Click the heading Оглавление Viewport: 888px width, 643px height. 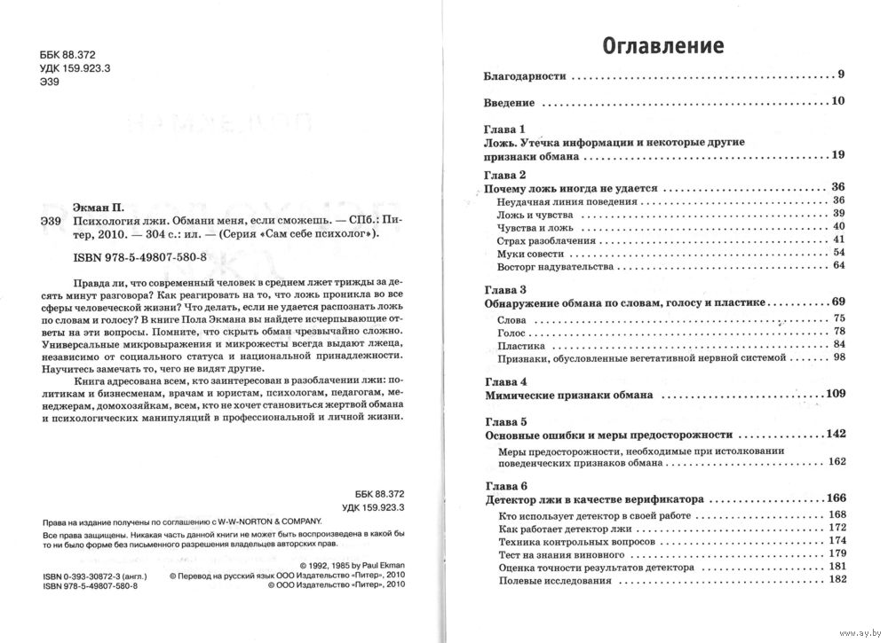tap(663, 44)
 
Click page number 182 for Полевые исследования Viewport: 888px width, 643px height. tap(836, 580)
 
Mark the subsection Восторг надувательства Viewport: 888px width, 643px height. tap(542, 266)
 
